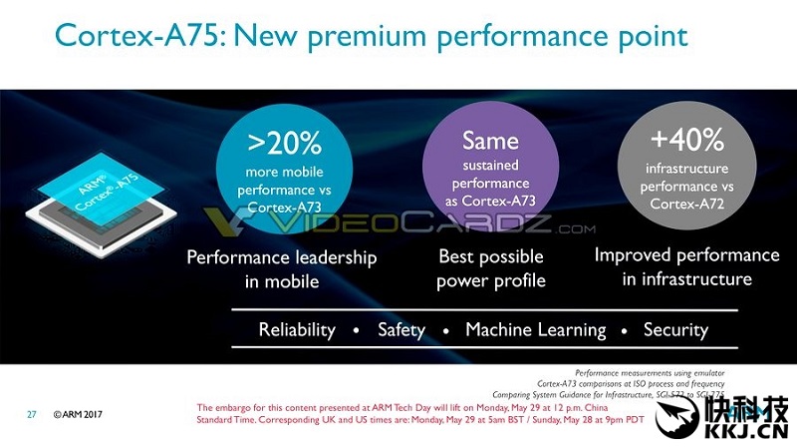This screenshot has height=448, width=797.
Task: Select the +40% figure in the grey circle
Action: click(685, 140)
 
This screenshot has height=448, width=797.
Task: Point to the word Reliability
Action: click(297, 329)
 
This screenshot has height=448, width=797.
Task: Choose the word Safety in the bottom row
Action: click(400, 329)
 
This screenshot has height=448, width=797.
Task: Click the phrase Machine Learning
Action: click(535, 329)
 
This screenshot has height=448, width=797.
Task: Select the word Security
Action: click(675, 329)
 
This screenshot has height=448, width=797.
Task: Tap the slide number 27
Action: click(32, 414)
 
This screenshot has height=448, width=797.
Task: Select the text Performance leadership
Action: click(282, 257)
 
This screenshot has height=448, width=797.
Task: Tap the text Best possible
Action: click(491, 256)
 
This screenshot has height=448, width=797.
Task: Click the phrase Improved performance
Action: click(686, 254)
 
